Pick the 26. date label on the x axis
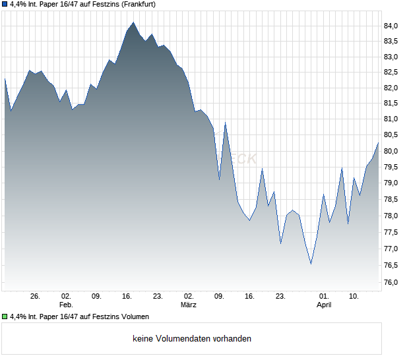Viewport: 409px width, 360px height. click(36, 296)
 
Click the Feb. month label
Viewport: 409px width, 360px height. click(66, 305)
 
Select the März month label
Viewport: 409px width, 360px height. click(189, 305)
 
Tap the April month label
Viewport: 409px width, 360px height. click(324, 305)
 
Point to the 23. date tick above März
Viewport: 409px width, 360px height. click(158, 296)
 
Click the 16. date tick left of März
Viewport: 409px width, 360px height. click(127, 296)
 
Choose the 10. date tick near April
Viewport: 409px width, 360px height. click(354, 296)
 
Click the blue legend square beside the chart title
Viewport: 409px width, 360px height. click(5, 4)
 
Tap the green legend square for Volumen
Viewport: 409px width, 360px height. click(5, 317)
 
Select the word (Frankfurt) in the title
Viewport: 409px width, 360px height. click(138, 4)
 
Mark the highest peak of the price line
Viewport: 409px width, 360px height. click(133, 22)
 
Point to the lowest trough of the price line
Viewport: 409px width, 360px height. click(311, 264)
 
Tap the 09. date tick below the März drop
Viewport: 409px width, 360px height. click(219, 296)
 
